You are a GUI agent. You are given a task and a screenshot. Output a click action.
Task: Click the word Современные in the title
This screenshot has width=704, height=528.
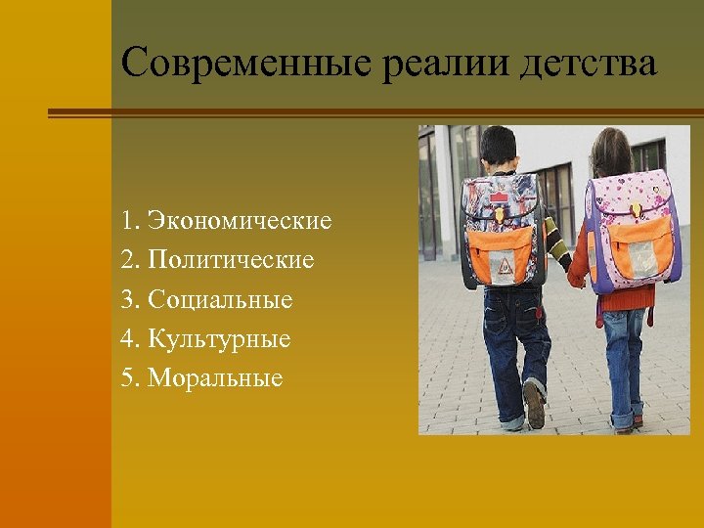[247, 65]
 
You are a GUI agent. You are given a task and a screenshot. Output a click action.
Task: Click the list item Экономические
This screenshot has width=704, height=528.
[241, 221]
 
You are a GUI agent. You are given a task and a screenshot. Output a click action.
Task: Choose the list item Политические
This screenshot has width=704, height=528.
[232, 260]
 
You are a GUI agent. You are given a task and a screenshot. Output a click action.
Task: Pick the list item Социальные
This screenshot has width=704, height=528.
[221, 299]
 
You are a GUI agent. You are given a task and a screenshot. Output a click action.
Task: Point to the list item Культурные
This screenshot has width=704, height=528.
[220, 339]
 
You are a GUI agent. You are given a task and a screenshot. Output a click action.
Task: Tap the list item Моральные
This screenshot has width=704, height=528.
[215, 378]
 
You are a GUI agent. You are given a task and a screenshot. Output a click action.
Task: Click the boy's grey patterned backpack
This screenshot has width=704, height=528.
[502, 230]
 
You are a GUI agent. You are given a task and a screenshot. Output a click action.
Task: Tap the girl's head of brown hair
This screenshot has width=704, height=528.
[611, 152]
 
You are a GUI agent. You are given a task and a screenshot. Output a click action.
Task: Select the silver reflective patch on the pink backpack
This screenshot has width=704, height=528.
[641, 256]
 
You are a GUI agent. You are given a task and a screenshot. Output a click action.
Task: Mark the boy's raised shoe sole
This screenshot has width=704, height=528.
[534, 405]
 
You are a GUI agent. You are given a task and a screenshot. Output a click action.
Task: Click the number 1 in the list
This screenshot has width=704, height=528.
[128, 221]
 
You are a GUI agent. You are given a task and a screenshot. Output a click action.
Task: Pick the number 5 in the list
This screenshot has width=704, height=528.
[128, 378]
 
